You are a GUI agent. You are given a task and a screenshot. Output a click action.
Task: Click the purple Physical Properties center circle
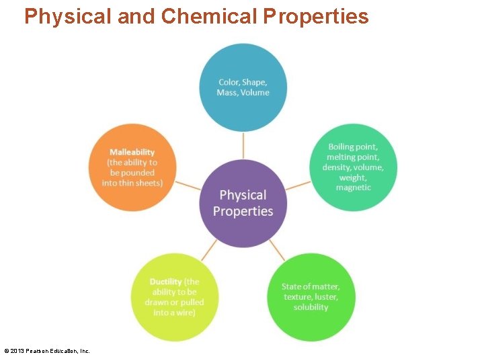tap(243, 203)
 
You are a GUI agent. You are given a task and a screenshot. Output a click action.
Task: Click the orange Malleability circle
tap(132, 168)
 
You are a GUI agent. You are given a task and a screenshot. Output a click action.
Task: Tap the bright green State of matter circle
tap(311, 297)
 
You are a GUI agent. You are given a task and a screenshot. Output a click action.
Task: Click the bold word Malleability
tap(132, 152)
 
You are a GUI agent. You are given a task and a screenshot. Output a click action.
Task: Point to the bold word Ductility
tap(165, 282)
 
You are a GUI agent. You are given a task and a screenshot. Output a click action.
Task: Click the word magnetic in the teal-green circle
tap(353, 188)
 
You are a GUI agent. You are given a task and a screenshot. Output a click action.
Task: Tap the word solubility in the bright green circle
tap(311, 307)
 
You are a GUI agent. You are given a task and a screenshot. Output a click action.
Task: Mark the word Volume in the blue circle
tap(255, 93)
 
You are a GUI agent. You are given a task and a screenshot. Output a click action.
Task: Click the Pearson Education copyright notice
tap(47, 351)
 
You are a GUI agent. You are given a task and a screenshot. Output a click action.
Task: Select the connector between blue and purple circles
tap(243, 145)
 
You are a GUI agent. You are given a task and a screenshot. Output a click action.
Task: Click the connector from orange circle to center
tap(188, 185)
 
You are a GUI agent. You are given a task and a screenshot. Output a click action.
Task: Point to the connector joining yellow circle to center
tap(208, 251)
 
